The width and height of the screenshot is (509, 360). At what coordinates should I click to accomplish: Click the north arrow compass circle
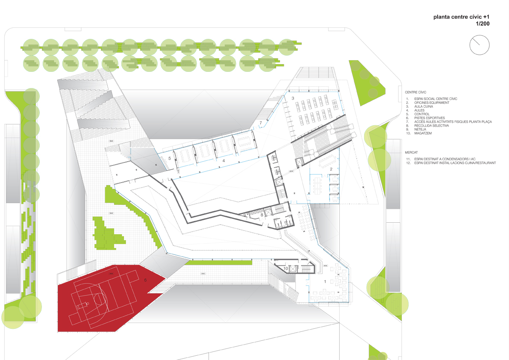[x=479, y=45]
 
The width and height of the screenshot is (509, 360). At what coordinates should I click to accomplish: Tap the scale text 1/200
[x=482, y=24]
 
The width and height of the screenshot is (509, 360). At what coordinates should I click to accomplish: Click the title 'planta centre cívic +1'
[x=461, y=18]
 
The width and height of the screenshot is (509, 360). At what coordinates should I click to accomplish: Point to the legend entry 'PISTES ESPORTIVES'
[x=430, y=118]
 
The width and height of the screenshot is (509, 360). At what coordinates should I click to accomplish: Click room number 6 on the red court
[x=145, y=280]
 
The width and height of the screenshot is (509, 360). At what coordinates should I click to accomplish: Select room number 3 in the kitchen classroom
[x=293, y=98]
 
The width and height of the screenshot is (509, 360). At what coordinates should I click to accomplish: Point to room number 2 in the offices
[x=331, y=169]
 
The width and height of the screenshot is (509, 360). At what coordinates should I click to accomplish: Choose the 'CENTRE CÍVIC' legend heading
[x=416, y=92]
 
